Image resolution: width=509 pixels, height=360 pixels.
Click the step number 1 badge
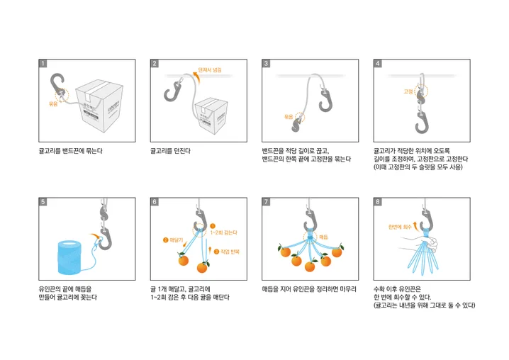43,63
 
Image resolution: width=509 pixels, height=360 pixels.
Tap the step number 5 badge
43,202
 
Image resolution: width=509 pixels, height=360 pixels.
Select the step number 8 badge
378,202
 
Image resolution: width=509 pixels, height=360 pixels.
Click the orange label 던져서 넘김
210,70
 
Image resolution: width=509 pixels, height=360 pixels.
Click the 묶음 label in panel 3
289,116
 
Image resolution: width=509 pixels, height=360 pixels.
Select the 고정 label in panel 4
408,91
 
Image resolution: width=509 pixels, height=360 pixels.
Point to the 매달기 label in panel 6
173,241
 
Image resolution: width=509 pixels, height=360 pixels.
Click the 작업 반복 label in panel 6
225,251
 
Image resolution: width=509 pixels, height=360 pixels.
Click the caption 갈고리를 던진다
170,151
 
